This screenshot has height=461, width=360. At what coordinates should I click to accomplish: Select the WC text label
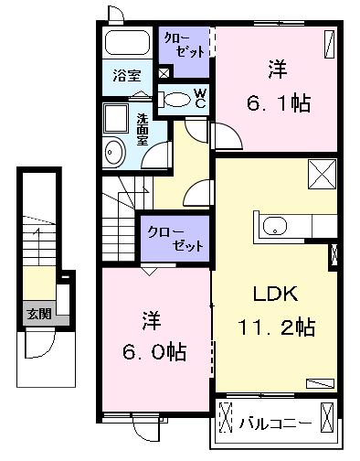[x=200, y=98]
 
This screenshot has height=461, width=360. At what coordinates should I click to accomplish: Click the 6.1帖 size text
[x=278, y=102]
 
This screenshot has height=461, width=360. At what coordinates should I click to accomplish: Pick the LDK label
[x=271, y=295]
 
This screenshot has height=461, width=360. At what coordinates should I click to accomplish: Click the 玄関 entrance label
[x=37, y=314]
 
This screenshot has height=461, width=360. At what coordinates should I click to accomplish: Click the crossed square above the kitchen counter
[x=323, y=172]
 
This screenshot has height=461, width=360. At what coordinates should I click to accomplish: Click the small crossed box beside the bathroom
[x=164, y=73]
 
